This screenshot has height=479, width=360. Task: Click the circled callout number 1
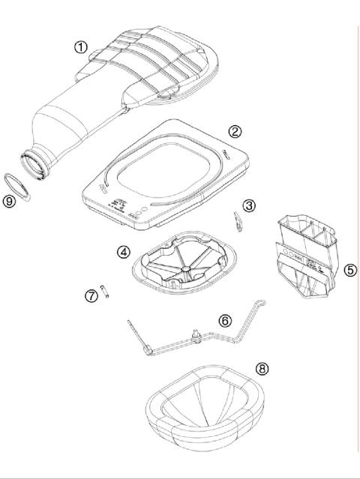tap(81, 46)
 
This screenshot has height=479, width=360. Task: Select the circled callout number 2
tap(235, 131)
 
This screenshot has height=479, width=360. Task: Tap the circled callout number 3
tap(249, 205)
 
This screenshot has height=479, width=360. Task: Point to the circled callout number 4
tap(123, 252)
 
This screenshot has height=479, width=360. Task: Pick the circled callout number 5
tap(349, 271)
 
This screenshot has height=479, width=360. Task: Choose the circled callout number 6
tap(224, 320)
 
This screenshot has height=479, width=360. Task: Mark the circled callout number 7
tap(91, 296)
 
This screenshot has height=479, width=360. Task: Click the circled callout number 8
tap(261, 368)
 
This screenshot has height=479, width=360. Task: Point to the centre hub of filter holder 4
tap(184, 265)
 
